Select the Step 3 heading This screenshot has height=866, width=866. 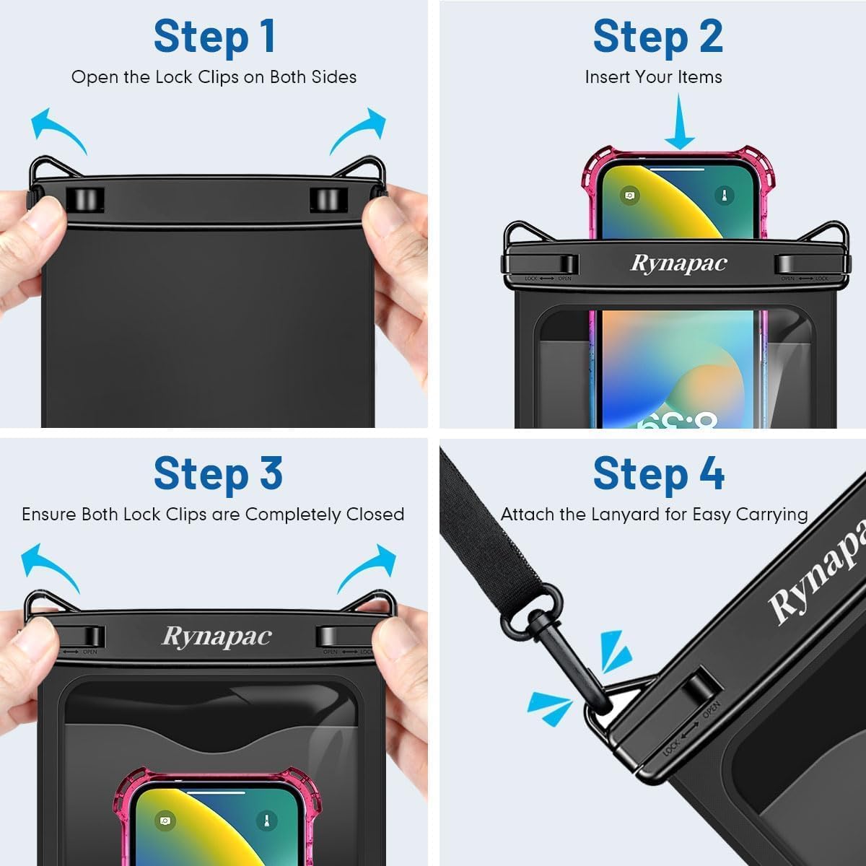point(218,473)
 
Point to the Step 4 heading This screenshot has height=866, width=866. point(658,473)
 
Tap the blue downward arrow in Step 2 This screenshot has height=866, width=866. point(679,123)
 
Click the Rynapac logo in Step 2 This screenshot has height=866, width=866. point(678,263)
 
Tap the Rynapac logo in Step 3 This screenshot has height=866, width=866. point(216,636)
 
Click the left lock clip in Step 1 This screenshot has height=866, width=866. point(85,200)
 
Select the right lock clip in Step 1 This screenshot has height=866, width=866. point(328,200)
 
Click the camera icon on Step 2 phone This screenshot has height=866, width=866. point(629,196)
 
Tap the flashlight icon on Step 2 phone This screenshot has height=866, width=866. point(724,196)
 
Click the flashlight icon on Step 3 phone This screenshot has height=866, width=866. point(266,821)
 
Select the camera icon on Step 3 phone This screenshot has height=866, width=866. point(165,821)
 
